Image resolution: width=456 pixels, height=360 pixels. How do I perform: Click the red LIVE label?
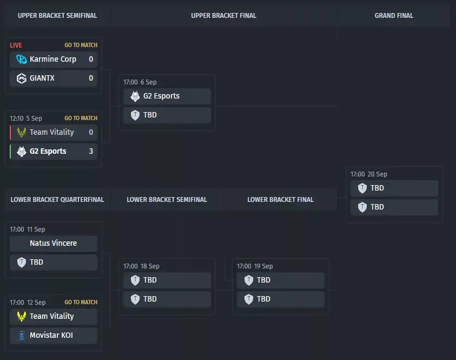pos(16,45)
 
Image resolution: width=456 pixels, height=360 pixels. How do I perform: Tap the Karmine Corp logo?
pos(22,60)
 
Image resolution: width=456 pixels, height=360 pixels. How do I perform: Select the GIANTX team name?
pos(42,78)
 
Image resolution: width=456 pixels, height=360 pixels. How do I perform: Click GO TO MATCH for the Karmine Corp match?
pos(81,45)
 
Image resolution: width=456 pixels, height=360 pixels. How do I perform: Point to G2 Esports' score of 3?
pos(91,151)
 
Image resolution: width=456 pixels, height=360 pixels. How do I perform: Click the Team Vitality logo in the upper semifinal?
pos(22,133)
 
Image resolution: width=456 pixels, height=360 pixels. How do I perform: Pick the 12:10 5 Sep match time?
pos(26,119)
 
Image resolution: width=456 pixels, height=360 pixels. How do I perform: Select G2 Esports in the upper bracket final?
pos(161,96)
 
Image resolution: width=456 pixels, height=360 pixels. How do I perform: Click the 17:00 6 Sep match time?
pos(140,82)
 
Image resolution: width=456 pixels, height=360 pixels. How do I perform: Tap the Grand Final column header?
pos(394,16)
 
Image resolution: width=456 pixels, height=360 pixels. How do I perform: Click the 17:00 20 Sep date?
pos(369,174)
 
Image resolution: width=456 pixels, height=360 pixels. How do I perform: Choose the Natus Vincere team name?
pos(53,243)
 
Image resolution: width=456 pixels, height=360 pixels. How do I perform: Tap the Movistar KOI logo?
pos(22,336)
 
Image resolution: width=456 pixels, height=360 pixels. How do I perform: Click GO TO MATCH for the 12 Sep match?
pos(81,303)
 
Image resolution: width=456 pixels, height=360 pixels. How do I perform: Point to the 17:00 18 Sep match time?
pos(141,266)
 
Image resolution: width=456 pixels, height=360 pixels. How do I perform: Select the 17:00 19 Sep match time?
pos(255,266)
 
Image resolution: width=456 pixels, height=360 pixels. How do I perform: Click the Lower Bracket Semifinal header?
pos(167,200)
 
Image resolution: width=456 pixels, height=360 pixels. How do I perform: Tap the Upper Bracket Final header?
pos(223,16)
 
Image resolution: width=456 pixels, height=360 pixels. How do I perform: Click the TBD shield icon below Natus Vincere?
pos(22,262)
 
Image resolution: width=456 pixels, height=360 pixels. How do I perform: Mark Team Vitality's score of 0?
pos(91,132)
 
